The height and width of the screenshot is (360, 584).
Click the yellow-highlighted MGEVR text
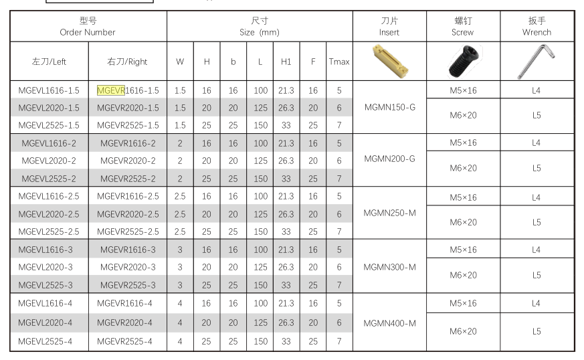111,90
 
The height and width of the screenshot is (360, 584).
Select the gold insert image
390,61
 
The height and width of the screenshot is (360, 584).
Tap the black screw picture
464,61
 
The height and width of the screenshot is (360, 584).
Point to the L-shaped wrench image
537,62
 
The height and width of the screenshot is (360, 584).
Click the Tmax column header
339,62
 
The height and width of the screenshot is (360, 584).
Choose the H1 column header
286,62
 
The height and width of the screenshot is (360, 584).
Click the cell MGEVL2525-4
45,341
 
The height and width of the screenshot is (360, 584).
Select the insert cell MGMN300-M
389,267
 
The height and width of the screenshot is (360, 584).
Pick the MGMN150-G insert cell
389,107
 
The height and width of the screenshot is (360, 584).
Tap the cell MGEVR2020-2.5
128,214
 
